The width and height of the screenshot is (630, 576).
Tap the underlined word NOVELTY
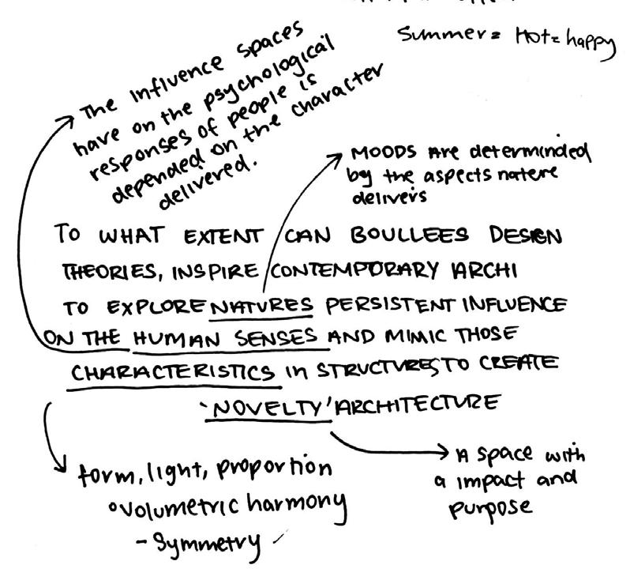pyautogui.click(x=269, y=406)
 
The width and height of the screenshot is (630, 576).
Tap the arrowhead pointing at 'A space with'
pyautogui.click(x=447, y=453)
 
